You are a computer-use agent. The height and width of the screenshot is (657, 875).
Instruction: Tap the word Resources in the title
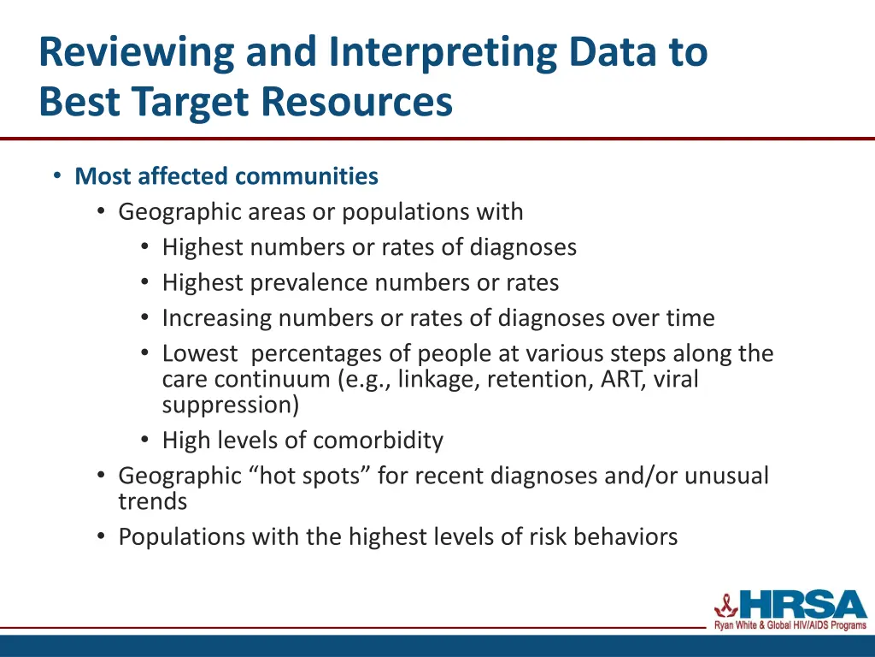[x=357, y=102]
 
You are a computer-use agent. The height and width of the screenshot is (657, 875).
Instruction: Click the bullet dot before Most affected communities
[x=56, y=176]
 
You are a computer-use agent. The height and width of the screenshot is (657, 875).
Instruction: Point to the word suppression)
[x=231, y=405]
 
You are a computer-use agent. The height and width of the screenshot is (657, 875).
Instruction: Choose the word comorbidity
[x=378, y=441]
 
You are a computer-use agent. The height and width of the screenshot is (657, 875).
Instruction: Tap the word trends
[x=152, y=501]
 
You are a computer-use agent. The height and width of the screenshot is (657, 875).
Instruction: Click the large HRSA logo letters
[x=803, y=605]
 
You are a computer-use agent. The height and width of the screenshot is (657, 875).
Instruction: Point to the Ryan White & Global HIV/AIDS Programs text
[x=790, y=627]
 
